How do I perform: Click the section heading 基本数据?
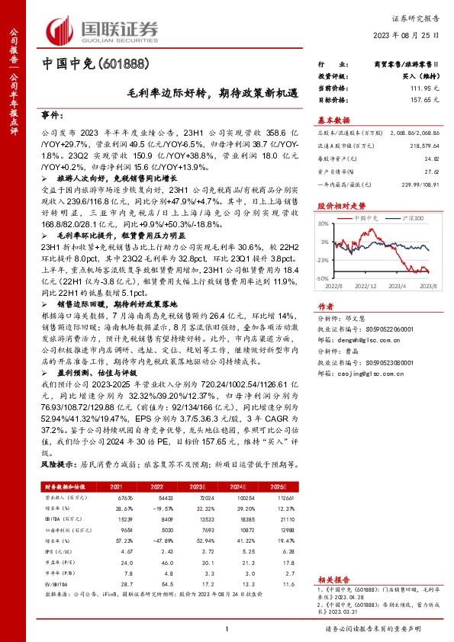333,119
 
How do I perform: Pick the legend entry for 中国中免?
367,218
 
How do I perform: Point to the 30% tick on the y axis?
325,224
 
